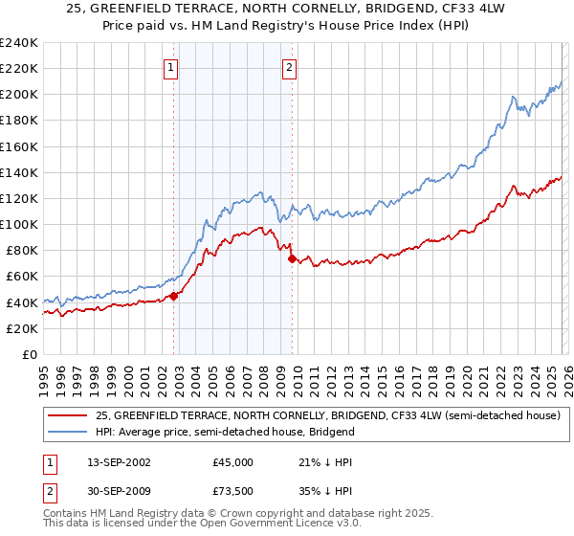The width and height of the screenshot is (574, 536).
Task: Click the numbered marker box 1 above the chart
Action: point(170,68)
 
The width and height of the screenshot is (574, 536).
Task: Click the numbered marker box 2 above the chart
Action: point(289,68)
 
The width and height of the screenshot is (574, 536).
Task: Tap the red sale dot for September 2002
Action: point(173,296)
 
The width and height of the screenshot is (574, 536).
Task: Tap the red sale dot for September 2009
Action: point(292,258)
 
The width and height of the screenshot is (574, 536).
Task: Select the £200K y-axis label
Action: point(20,95)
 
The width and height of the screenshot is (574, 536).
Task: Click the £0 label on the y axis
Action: point(30,354)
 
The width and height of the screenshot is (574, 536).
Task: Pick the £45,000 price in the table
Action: point(232,461)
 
